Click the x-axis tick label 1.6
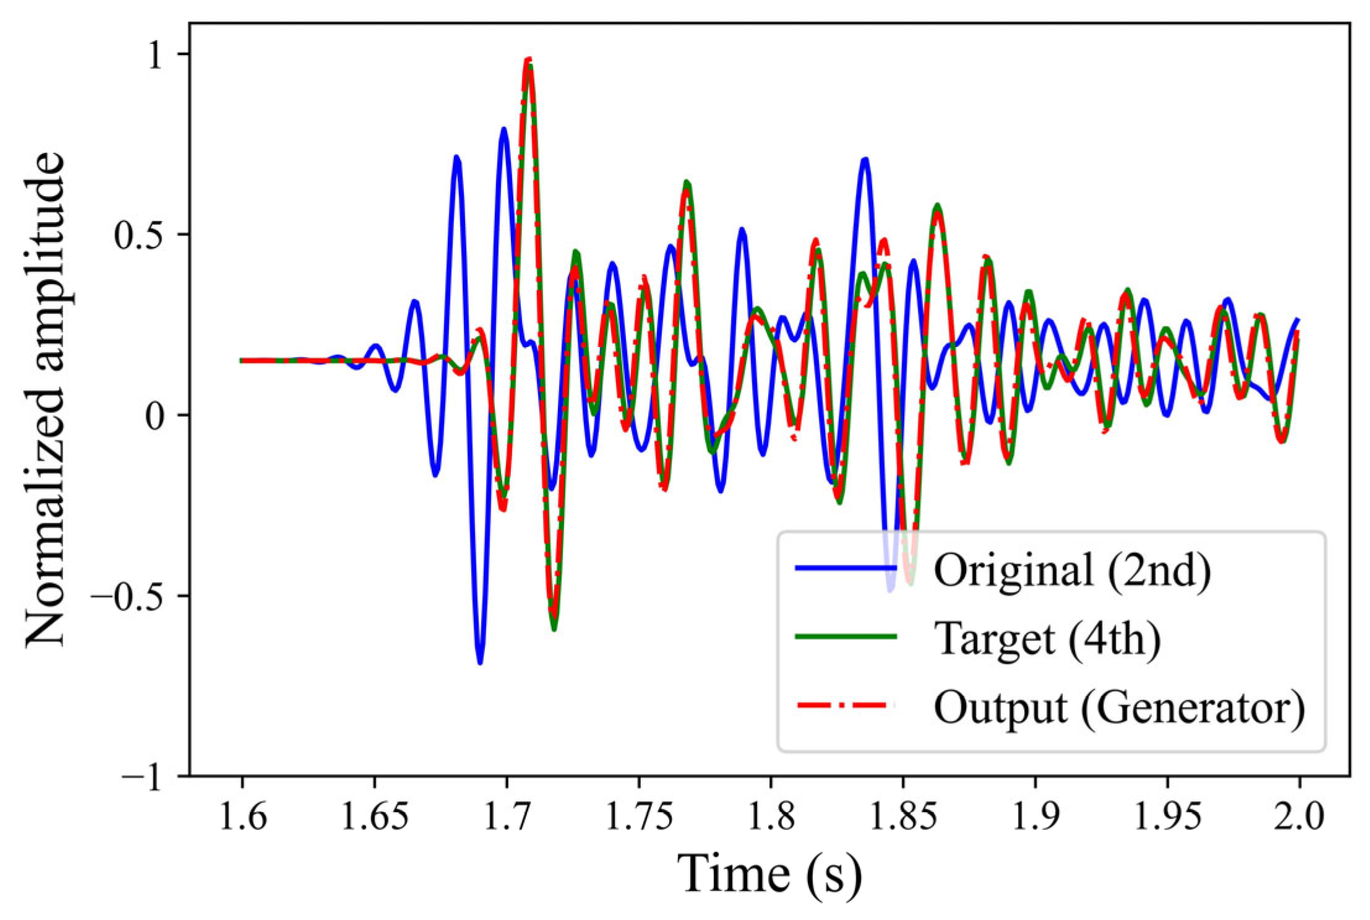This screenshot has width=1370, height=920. pos(242,817)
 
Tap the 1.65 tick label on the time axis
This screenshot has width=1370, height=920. pos(374,817)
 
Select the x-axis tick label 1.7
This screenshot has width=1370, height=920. pos(507,817)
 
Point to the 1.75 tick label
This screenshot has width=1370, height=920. pos(639,817)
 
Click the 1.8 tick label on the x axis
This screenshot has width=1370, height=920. pos(771,817)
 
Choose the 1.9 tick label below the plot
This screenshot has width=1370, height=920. pos(1035,817)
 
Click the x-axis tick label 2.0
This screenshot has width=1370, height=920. pos(1299,817)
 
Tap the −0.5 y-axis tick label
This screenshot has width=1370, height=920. pos(131,596)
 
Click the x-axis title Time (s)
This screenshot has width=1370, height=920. pos(770,875)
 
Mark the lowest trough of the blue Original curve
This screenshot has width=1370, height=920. pos(480,663)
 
